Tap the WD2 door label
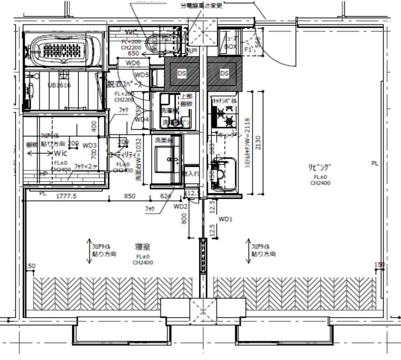180,206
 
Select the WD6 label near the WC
133,63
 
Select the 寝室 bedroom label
141,247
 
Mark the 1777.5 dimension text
66,196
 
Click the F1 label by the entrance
248,49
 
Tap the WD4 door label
141,119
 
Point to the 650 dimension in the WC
133,53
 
